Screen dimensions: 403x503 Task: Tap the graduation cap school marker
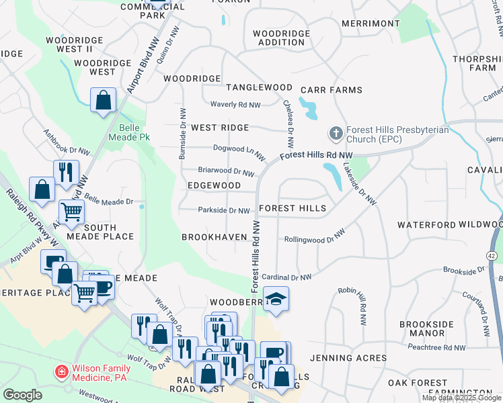click(275, 299)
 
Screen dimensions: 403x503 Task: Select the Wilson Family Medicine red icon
click(61, 371)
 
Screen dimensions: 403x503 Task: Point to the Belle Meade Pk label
click(124, 132)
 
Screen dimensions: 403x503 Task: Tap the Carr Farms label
click(331, 90)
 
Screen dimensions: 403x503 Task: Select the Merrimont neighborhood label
click(371, 24)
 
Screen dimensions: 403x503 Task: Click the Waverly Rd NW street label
click(235, 105)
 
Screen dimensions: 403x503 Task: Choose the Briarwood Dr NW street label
click(227, 171)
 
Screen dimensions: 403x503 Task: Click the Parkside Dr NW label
click(224, 210)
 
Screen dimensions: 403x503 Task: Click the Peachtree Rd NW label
click(436, 347)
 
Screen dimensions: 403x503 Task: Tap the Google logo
click(22, 395)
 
